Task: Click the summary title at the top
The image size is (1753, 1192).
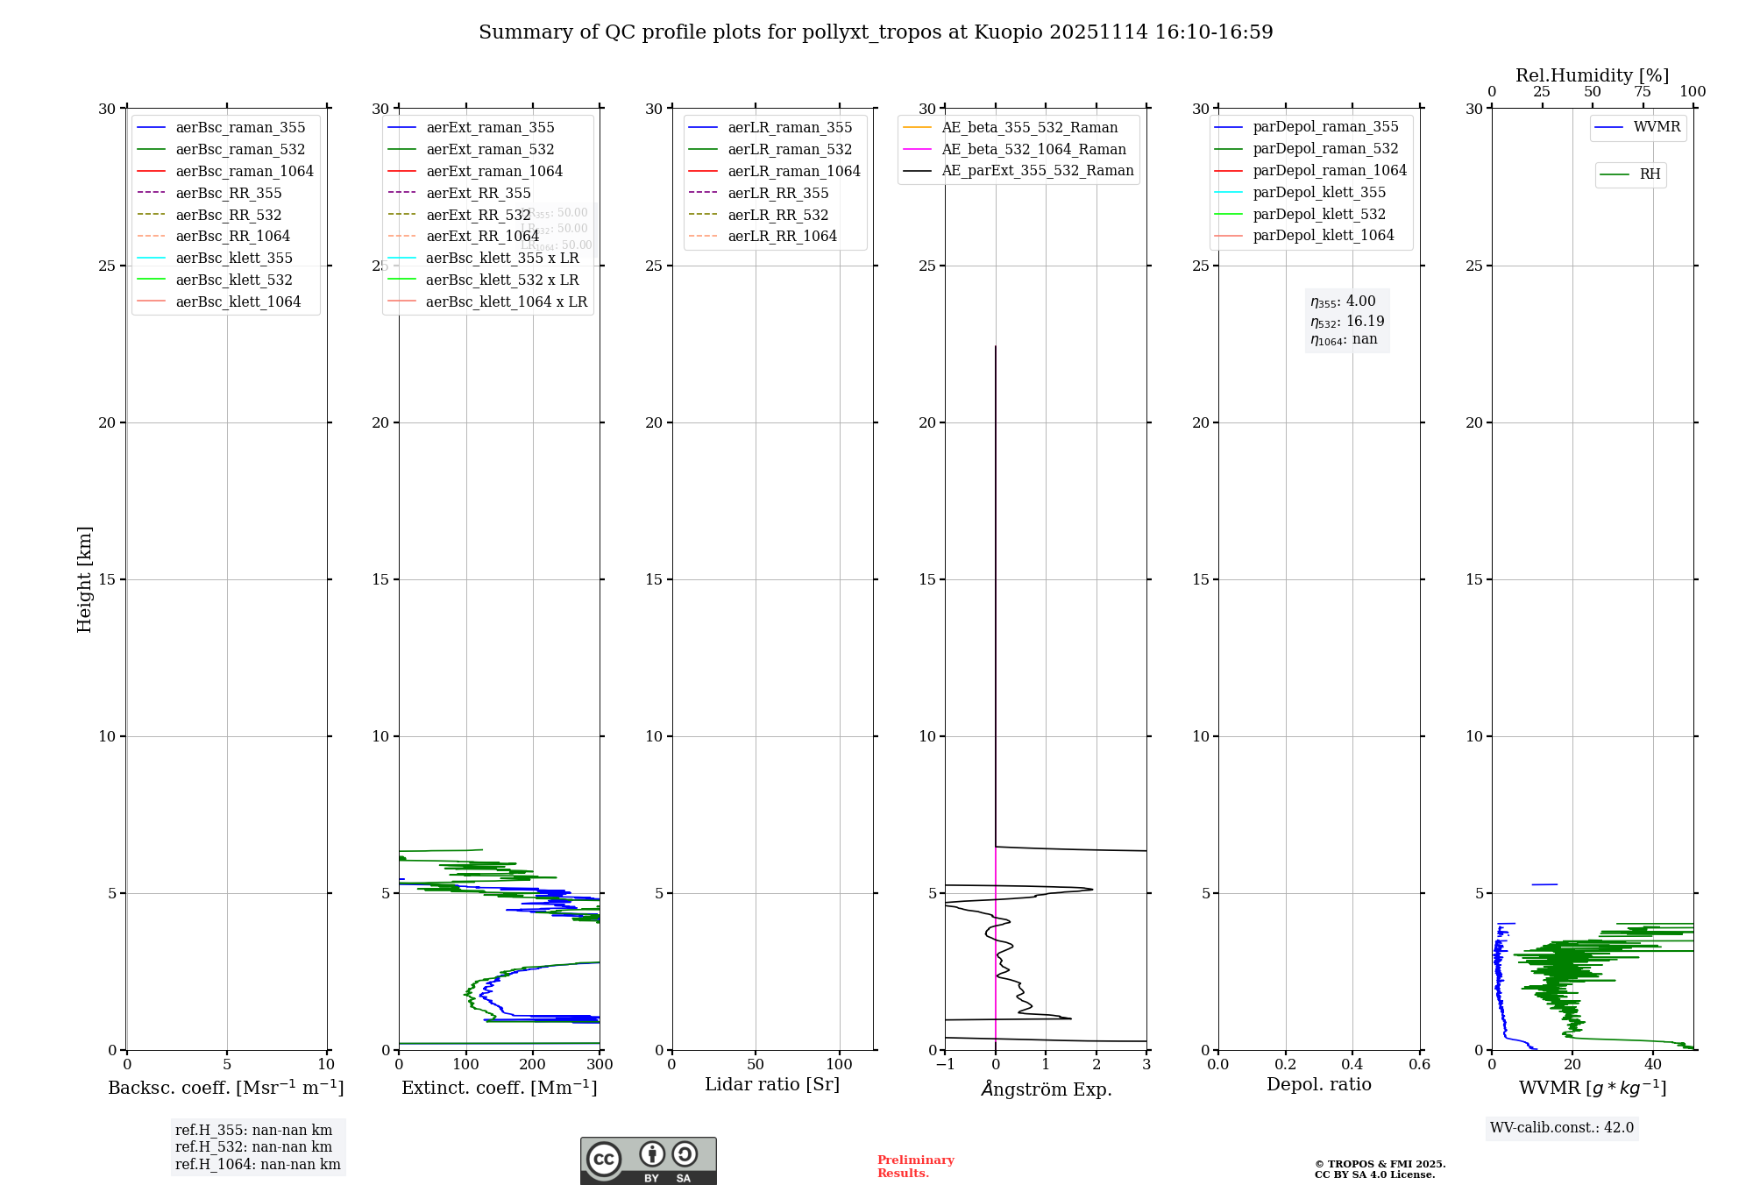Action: pyautogui.click(x=876, y=32)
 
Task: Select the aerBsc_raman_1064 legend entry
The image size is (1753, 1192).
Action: pyautogui.click(x=244, y=171)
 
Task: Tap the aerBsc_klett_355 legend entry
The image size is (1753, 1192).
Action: pyautogui.click(x=234, y=258)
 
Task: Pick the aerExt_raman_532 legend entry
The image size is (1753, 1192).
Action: pyautogui.click(x=490, y=149)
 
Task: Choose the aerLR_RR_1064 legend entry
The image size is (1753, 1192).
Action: pyautogui.click(x=782, y=236)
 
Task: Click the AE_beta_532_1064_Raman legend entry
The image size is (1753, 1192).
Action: pyautogui.click(x=1033, y=149)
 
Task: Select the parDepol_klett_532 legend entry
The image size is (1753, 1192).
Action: pyautogui.click(x=1319, y=214)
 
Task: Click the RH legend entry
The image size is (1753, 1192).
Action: pyautogui.click(x=1650, y=174)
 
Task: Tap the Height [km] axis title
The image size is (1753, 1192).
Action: pyautogui.click(x=84, y=578)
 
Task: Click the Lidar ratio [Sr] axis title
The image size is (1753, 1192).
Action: pyautogui.click(x=772, y=1084)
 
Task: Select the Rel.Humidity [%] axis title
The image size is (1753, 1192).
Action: pyautogui.click(x=1592, y=75)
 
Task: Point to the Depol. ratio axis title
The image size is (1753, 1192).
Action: pyautogui.click(x=1318, y=1084)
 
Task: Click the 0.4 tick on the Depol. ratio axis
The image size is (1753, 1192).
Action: pyautogui.click(x=1352, y=1065)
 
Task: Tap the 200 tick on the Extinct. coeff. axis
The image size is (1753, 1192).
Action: pyautogui.click(x=533, y=1065)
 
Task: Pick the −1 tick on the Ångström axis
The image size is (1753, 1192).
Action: pyautogui.click(x=945, y=1065)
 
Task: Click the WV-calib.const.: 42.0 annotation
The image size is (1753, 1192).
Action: pyautogui.click(x=1562, y=1128)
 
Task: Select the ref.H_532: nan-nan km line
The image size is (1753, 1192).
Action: pyautogui.click(x=253, y=1147)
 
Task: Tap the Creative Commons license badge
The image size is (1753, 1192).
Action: pyautogui.click(x=648, y=1160)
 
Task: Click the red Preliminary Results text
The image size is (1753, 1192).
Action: pyautogui.click(x=915, y=1167)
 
